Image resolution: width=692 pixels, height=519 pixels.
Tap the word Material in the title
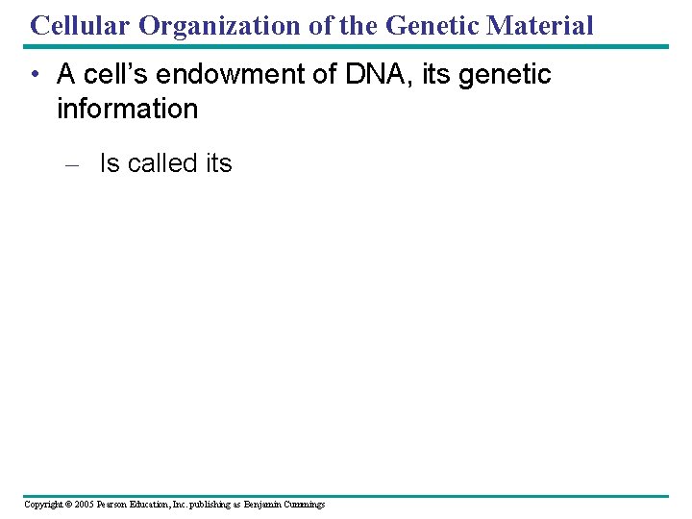[x=541, y=25]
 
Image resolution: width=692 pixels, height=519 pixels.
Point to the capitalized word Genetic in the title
[x=432, y=25]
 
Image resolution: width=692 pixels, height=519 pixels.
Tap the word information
[x=127, y=109]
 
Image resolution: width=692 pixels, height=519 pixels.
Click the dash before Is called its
[x=70, y=164]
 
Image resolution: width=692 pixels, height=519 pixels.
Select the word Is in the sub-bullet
[x=110, y=163]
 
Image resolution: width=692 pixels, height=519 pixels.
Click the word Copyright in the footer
[x=43, y=505]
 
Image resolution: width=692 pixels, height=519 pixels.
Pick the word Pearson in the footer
[x=119, y=505]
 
